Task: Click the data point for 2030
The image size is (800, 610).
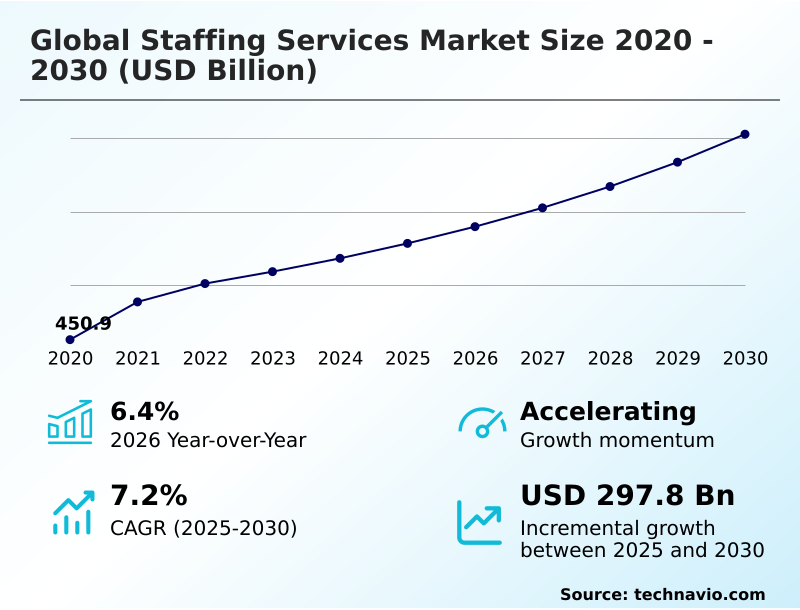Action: click(x=745, y=134)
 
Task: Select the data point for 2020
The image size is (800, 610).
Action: click(x=70, y=340)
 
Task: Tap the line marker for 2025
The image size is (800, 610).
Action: click(x=408, y=243)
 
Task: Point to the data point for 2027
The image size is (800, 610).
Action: click(x=543, y=208)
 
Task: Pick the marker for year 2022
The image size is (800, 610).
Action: click(x=205, y=283)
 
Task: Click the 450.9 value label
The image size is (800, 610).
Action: click(x=83, y=323)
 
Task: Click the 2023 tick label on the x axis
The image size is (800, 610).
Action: click(x=273, y=359)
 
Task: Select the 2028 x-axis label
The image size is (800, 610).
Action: click(x=610, y=359)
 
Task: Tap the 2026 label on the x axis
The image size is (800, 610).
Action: click(x=475, y=359)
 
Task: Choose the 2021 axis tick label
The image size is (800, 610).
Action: click(x=138, y=359)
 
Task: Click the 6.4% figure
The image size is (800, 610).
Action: click(x=144, y=411)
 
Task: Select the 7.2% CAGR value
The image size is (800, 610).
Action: click(x=148, y=496)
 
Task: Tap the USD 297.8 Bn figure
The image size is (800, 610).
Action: click(x=627, y=496)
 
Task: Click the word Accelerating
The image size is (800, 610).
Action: click(x=608, y=411)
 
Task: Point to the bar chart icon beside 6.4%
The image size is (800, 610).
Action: click(x=70, y=422)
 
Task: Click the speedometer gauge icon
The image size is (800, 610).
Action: click(x=482, y=422)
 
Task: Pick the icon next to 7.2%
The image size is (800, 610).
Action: click(x=71, y=512)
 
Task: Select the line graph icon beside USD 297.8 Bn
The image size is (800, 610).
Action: click(x=480, y=522)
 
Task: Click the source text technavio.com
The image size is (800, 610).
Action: click(x=699, y=594)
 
